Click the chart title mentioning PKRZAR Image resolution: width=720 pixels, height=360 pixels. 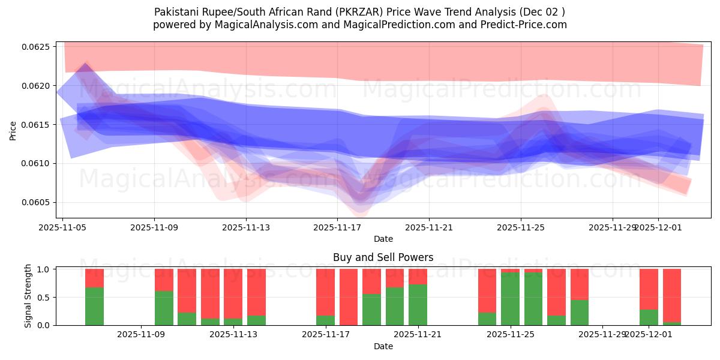[x=359, y=11]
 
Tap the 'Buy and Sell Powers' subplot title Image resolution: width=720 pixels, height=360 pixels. [x=383, y=257]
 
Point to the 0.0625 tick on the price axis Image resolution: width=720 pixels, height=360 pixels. [x=38, y=47]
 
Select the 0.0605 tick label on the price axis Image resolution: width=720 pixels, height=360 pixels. [x=38, y=202]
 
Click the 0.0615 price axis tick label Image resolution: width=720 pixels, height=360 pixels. [x=38, y=124]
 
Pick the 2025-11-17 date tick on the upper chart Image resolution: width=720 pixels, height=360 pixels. [x=337, y=227]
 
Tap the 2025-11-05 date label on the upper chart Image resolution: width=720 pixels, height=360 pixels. [x=62, y=227]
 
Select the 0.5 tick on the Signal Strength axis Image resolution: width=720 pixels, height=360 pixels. [x=45, y=297]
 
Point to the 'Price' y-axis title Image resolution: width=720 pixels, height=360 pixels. [x=13, y=130]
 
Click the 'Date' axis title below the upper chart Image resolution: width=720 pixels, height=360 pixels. [x=383, y=239]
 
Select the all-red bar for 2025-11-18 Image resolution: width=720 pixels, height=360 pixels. [x=349, y=297]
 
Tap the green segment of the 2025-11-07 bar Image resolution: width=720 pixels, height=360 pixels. [x=94, y=306]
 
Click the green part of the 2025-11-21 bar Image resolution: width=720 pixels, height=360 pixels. [x=418, y=305]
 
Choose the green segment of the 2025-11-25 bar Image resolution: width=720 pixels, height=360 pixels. [x=510, y=299]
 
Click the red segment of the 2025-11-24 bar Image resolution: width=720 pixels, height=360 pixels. [x=487, y=290]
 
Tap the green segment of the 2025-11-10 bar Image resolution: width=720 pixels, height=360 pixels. [x=164, y=308]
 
